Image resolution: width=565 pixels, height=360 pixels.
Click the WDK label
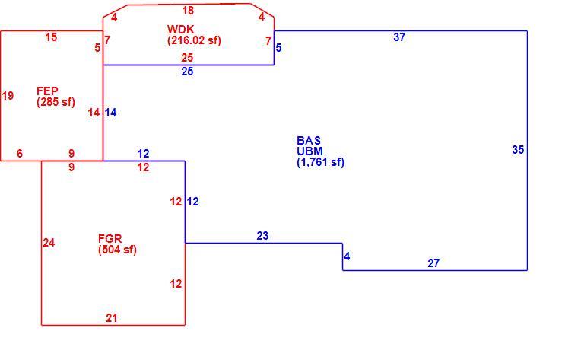(180, 29)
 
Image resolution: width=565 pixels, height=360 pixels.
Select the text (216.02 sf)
(194, 40)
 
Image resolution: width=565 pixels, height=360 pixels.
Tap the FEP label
(47, 91)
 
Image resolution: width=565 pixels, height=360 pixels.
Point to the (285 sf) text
(56, 102)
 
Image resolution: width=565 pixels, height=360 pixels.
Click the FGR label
(110, 239)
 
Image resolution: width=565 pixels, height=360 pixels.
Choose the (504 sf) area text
(117, 250)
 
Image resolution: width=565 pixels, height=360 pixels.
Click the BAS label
(309, 140)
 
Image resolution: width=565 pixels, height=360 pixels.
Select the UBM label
(310, 151)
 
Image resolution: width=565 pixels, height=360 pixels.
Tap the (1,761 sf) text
(321, 162)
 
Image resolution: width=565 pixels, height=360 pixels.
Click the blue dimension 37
(399, 37)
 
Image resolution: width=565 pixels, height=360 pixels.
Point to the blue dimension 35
(518, 150)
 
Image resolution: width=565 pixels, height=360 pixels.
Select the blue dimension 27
(433, 263)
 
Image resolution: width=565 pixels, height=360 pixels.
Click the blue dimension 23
(262, 236)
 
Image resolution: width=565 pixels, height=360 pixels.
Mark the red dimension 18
(188, 11)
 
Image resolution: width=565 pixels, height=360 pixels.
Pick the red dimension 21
(111, 318)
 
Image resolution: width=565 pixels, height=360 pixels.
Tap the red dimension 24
(49, 243)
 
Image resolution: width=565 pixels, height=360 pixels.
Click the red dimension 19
(8, 96)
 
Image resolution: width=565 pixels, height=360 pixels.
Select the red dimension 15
(51, 37)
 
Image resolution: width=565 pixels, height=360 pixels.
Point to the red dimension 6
(20, 154)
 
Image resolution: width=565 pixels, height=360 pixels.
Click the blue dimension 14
(110, 113)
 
